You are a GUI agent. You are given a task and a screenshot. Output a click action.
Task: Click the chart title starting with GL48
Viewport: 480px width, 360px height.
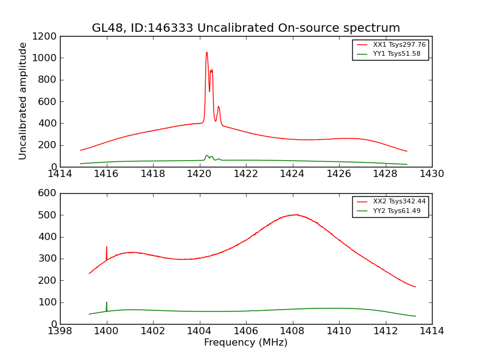(x=245, y=28)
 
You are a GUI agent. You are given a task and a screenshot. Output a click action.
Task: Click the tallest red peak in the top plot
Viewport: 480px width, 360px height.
(x=206, y=52)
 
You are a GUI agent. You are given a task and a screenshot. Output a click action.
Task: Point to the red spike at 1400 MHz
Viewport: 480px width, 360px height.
(x=107, y=247)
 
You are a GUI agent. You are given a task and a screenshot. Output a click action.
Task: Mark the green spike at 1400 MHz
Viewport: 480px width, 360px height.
(x=107, y=302)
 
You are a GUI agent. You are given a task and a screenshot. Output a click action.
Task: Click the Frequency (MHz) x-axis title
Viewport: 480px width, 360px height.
(x=245, y=343)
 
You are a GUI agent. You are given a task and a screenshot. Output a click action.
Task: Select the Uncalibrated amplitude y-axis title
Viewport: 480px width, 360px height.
(x=23, y=101)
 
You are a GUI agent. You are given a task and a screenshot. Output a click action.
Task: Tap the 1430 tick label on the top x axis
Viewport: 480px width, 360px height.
(x=432, y=174)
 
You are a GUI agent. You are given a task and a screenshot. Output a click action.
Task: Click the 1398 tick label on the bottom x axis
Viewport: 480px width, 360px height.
(x=60, y=331)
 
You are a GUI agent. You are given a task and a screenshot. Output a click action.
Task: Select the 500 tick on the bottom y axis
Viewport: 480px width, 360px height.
(x=48, y=215)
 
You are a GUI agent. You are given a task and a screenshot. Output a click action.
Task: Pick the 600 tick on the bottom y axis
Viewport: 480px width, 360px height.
(x=48, y=193)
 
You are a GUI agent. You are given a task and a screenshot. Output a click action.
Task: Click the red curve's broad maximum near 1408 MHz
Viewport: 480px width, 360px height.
(x=295, y=214)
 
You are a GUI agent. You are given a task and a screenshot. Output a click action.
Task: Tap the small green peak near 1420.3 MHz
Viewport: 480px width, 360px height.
(x=206, y=155)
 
